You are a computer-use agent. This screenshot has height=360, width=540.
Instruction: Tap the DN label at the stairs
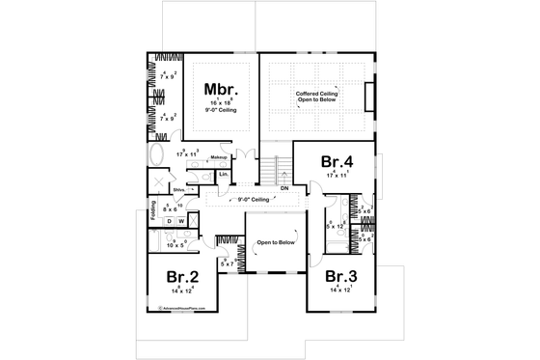(285, 189)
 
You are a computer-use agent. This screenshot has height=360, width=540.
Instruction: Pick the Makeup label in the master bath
(219, 156)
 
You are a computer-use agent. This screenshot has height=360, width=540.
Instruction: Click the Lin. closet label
(223, 174)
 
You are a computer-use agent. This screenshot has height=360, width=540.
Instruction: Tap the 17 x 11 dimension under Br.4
(337, 176)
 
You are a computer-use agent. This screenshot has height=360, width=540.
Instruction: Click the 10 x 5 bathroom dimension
(178, 245)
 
